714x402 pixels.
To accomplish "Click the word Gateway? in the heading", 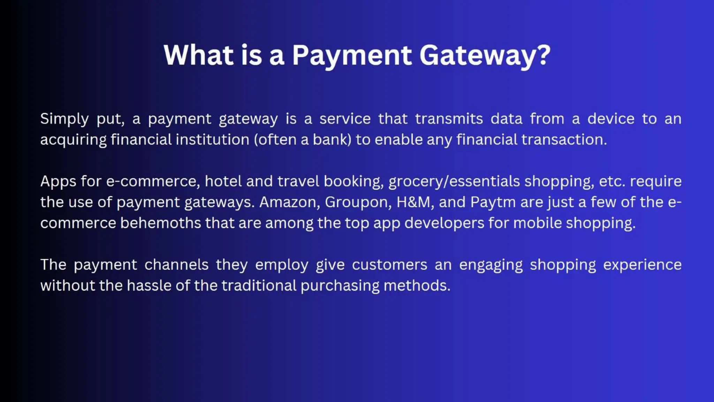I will (485, 56).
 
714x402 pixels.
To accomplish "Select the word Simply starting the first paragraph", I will (64, 119).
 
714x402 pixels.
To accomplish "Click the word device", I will (611, 119).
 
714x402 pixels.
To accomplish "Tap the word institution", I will (212, 140).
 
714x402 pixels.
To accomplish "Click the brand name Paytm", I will (493, 202).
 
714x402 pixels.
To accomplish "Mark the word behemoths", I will (161, 223).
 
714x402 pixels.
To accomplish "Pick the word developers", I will (444, 223).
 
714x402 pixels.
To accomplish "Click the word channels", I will (176, 265).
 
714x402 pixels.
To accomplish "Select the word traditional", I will (259, 286).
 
